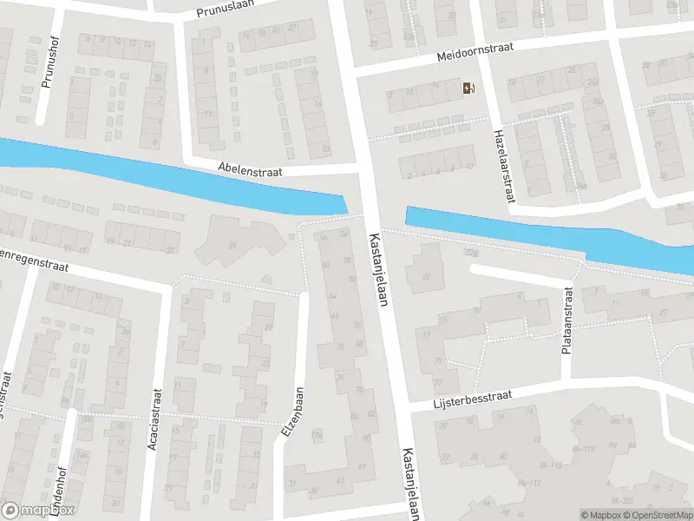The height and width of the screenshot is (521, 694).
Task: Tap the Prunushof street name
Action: click(48, 66)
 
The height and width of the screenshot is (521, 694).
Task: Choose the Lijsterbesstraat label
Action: click(473, 399)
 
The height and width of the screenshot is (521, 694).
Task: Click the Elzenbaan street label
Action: click(291, 412)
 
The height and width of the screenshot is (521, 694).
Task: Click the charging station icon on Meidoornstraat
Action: click(468, 87)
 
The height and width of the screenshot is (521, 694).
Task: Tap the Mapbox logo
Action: click(38, 510)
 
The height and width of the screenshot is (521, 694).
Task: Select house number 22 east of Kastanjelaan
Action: click(426, 276)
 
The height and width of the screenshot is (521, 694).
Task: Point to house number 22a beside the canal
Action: click(470, 253)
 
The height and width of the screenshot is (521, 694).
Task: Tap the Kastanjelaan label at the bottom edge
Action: click(409, 484)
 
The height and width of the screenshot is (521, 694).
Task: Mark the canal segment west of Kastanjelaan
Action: click(173, 178)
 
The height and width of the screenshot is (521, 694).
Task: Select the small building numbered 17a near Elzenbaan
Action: click(318, 434)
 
